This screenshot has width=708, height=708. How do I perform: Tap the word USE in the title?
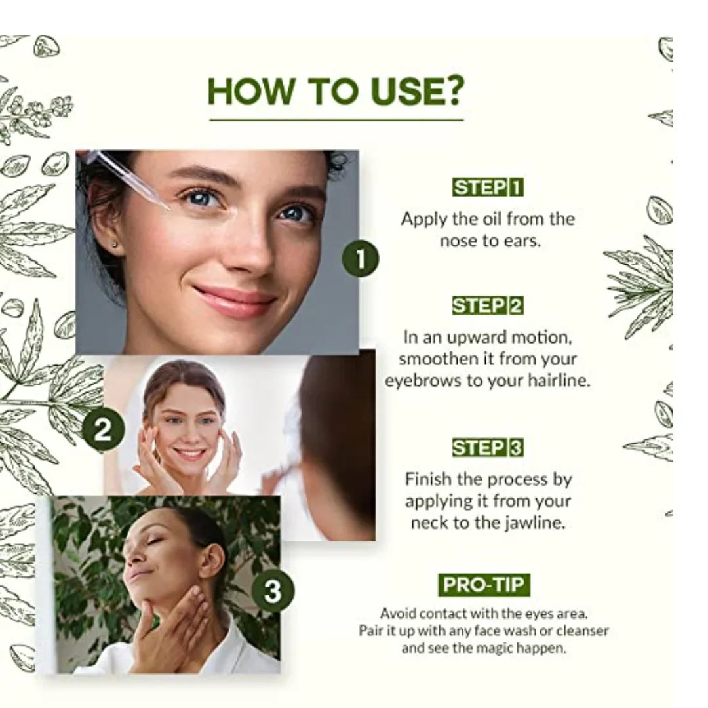coord(403,90)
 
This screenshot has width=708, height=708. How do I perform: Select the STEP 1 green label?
coord(488,187)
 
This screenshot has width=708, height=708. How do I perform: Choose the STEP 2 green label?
coord(488,305)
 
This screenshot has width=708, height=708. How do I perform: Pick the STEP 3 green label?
coord(488,448)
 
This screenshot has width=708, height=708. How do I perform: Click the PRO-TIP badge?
coord(484,585)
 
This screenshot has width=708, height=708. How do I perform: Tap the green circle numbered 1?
coord(361,259)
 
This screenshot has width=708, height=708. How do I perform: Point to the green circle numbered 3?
coord(273,591)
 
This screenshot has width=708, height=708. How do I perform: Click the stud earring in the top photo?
coord(114,245)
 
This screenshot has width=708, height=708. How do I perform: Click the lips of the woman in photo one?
coord(234,300)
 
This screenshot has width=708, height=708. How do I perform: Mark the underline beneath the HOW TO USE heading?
coord(336,120)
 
